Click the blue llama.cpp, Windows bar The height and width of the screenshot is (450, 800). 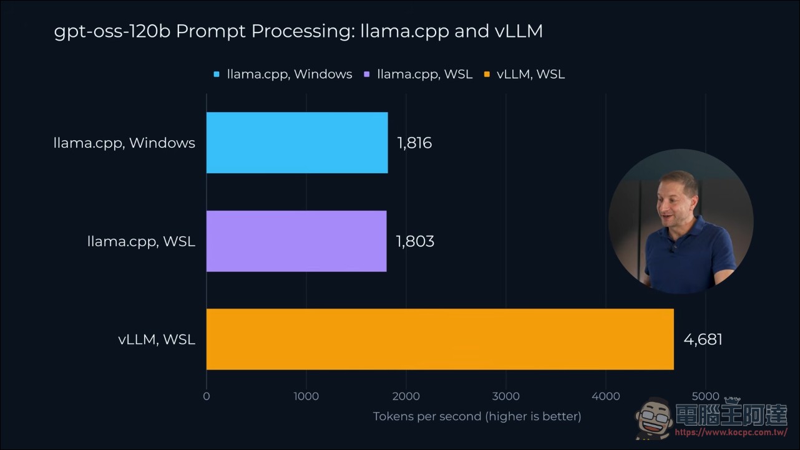[x=297, y=143]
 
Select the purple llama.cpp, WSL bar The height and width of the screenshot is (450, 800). [x=296, y=241]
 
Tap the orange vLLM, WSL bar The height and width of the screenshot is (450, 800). [x=440, y=339]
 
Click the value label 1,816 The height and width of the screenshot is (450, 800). [x=414, y=143]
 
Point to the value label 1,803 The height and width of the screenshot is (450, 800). [x=415, y=241]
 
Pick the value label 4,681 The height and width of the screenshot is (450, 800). [x=703, y=340]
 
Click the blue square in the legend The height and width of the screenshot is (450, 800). [x=217, y=74]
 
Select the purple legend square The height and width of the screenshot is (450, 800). [x=366, y=74]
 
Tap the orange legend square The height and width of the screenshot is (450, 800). [x=487, y=74]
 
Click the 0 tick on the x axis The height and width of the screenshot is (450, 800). [x=207, y=396]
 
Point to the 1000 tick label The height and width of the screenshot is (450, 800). [x=306, y=396]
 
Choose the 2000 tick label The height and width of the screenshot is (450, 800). [x=406, y=396]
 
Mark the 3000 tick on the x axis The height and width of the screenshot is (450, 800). [x=505, y=396]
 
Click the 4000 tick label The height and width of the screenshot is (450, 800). [x=606, y=396]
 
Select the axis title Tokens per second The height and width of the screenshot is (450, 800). [x=427, y=416]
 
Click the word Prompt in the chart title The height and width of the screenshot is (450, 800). [x=211, y=31]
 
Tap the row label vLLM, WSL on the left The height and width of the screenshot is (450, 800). [x=157, y=340]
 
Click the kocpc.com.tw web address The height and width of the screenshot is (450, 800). [x=731, y=433]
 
